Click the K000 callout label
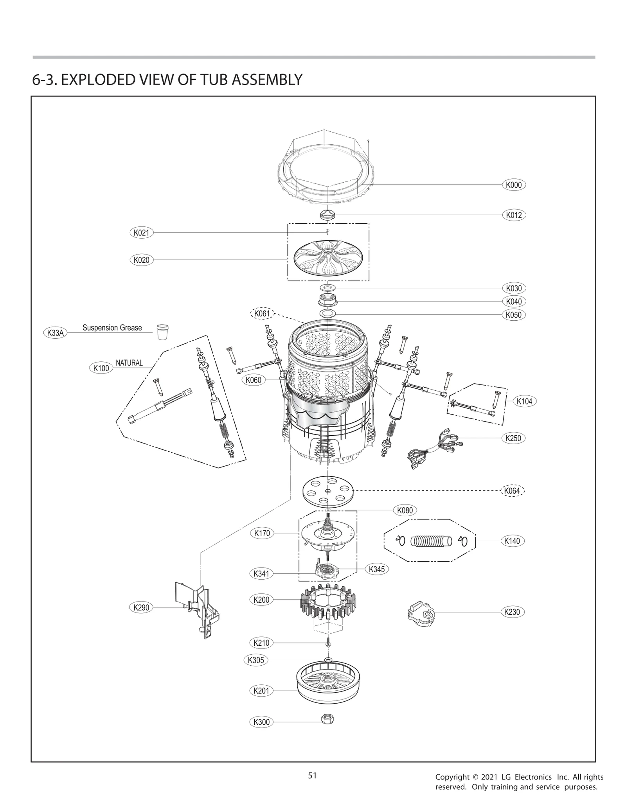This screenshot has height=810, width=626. (513, 185)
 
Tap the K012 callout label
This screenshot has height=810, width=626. (513, 215)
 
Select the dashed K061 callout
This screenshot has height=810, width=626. (262, 313)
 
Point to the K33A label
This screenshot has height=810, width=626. (55, 333)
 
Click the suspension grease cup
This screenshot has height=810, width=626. (162, 332)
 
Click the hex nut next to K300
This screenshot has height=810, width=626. (327, 718)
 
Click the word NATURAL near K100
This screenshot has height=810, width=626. (129, 363)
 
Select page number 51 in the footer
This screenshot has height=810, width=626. (312, 775)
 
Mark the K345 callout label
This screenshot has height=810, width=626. (377, 569)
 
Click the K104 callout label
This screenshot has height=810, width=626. (524, 401)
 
